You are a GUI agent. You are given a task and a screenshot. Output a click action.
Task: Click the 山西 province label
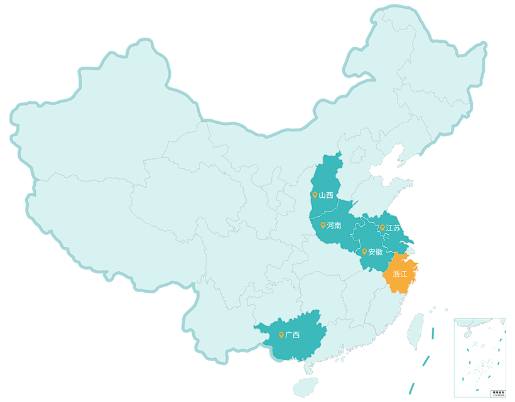[325, 195]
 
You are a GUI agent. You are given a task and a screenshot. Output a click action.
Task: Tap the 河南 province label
[333, 225]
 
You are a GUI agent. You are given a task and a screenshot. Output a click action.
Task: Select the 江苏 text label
[393, 227]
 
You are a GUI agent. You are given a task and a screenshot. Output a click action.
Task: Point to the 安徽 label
[375, 252]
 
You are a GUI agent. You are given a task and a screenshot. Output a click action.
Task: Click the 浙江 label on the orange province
[399, 274]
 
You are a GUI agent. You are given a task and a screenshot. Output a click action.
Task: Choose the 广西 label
[292, 335]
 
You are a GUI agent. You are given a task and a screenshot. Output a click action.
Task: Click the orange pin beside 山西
[315, 195]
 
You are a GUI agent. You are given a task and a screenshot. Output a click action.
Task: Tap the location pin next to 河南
[323, 225]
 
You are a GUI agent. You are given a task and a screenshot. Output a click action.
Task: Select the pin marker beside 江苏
[382, 227]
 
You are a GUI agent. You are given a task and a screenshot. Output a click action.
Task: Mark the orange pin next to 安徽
[364, 251]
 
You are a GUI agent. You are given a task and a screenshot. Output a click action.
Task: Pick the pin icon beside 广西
[281, 335]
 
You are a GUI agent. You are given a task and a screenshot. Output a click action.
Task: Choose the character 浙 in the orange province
[396, 274]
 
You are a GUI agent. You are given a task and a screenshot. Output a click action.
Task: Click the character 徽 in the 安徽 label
[379, 252]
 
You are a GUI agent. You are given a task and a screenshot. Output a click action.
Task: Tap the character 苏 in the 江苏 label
[396, 227]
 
